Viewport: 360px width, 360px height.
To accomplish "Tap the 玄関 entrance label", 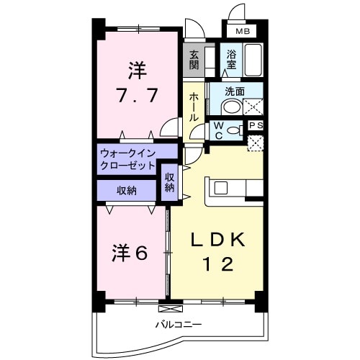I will (194, 59).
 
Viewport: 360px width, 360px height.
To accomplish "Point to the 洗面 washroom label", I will (235, 91).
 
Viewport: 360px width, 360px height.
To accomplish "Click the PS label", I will (255, 125).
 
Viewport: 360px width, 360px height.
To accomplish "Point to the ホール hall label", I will (194, 107).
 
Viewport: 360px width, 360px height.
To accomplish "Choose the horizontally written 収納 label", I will (127, 190).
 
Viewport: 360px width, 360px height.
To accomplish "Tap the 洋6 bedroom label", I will (130, 253).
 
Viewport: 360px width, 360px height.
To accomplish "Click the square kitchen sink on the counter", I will (220, 188).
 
